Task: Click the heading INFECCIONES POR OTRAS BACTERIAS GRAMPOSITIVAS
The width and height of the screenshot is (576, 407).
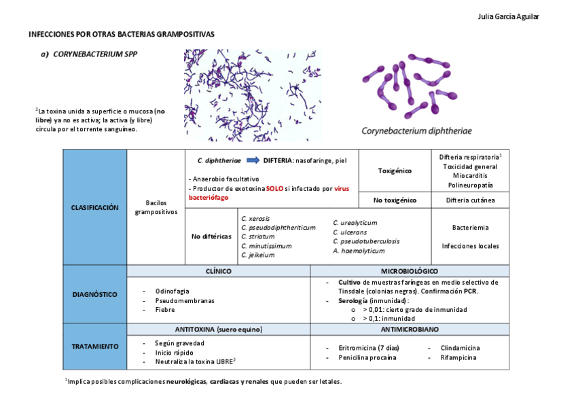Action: pos(121,33)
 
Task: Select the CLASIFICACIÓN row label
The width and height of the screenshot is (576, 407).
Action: pos(94,207)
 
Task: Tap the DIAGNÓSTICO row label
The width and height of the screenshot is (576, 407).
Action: pos(94,294)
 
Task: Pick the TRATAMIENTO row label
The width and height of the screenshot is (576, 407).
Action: pos(94,347)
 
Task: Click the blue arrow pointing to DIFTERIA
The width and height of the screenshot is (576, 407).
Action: pos(252,160)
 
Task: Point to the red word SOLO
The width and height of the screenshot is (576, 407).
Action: pos(274,188)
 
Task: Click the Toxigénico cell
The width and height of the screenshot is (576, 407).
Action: pos(394,171)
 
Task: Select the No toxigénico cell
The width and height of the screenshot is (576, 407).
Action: pos(394,200)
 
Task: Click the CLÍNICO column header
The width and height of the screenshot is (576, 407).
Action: pos(219,271)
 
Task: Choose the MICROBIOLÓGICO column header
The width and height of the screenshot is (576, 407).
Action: pos(409,271)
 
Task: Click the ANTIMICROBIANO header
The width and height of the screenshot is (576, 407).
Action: pos(409,329)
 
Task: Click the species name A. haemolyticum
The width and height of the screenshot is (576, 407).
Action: pos(359,251)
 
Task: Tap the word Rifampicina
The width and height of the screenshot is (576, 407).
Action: pos(458,357)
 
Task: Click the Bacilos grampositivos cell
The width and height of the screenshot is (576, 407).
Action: pos(156,207)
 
